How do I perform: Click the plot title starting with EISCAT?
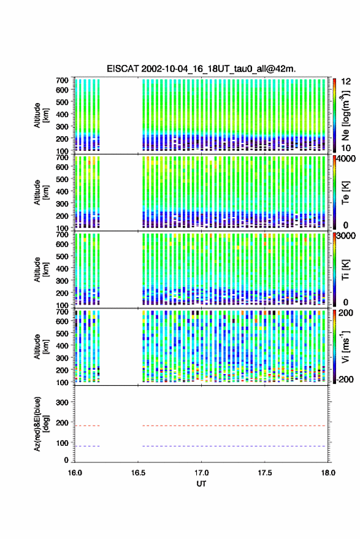point(201,69)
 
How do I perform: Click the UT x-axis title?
point(201,484)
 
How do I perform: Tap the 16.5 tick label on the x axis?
point(138,473)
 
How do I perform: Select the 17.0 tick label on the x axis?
point(201,473)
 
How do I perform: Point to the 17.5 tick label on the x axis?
point(264,473)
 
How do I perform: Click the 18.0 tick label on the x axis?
point(327,473)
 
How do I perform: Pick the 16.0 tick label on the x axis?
point(75,473)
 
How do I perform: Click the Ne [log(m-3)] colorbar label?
point(345,115)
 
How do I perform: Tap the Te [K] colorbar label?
point(345,193)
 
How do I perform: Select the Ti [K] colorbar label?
point(345,270)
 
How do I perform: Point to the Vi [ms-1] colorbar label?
point(345,346)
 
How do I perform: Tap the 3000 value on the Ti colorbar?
point(346,236)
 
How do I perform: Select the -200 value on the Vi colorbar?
point(344,379)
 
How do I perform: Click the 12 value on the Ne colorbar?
point(347,82)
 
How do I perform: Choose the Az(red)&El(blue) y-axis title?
point(40,424)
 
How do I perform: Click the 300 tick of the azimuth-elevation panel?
point(62,402)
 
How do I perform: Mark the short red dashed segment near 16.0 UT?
point(87,426)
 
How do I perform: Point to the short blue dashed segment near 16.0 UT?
point(87,446)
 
